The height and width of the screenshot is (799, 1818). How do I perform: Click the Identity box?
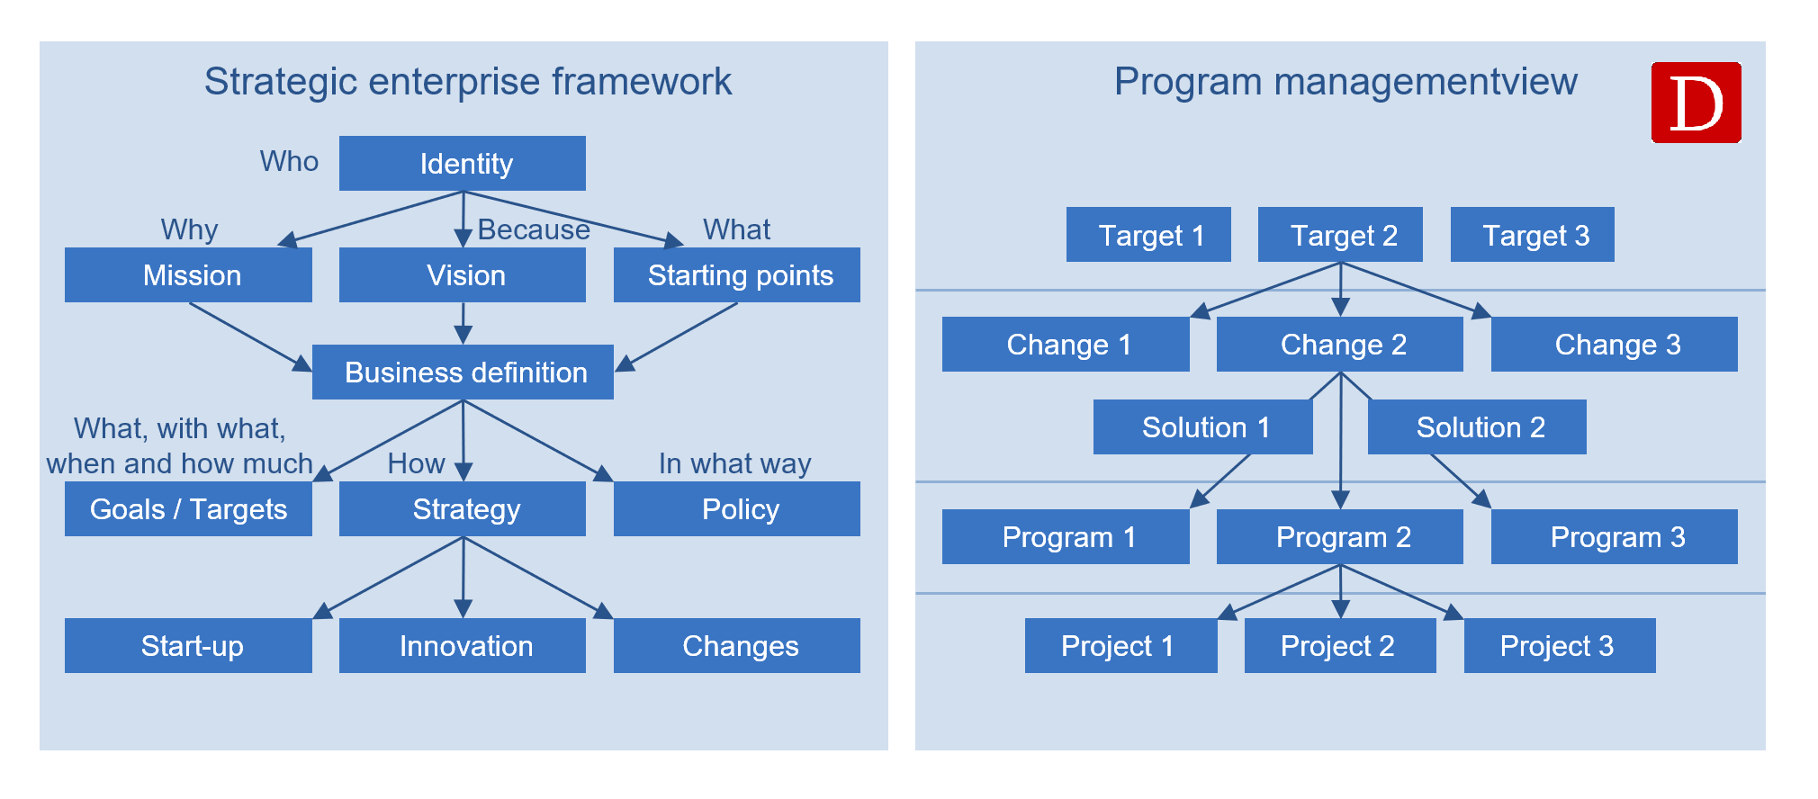tap(463, 163)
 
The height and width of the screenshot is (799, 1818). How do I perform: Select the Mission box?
tap(188, 274)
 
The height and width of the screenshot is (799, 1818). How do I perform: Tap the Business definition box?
tap(463, 372)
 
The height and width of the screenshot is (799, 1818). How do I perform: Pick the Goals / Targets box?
tap(188, 508)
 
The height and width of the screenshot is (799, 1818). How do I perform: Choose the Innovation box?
tap(463, 645)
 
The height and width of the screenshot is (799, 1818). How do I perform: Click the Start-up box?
tap(188, 645)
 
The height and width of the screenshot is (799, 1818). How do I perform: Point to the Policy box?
tap(737, 508)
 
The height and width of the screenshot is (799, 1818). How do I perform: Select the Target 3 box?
tap(1533, 234)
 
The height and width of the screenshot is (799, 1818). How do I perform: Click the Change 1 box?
tap(1066, 344)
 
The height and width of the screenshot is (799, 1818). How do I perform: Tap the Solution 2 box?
tap(1477, 426)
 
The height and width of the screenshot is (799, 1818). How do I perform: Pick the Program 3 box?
tap(1615, 536)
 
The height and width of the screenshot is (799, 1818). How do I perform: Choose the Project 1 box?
tap(1121, 645)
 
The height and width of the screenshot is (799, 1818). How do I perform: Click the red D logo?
tap(1696, 103)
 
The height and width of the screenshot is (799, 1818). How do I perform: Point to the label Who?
tap(289, 161)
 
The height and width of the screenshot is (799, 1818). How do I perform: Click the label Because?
tap(534, 229)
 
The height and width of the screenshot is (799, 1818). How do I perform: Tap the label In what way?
tap(734, 463)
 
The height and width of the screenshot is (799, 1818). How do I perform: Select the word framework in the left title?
tap(642, 81)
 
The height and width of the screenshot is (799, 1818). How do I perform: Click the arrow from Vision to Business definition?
tap(463, 324)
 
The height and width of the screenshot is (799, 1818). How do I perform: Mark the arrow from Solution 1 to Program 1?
tap(1219, 481)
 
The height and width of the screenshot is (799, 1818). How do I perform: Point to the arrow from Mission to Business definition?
tap(250, 337)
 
